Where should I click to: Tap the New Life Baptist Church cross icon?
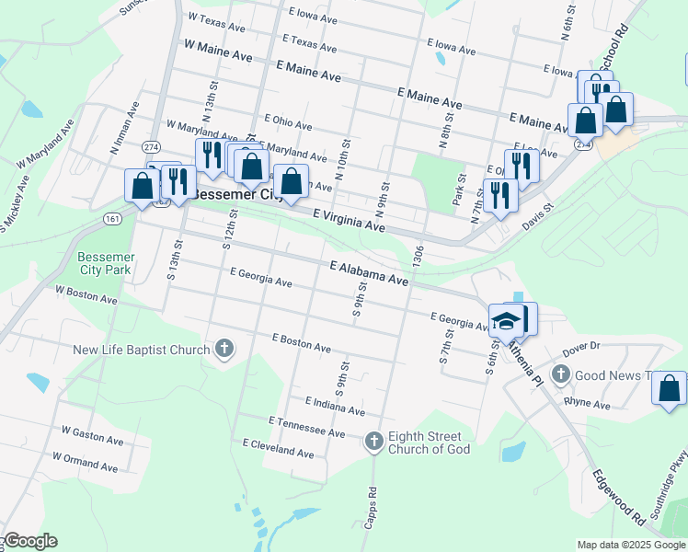(x=224, y=349)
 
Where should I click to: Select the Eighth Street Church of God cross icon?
(x=373, y=442)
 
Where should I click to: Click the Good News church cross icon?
(x=561, y=374)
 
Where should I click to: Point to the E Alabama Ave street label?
(x=368, y=271)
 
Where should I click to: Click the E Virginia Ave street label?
(x=348, y=219)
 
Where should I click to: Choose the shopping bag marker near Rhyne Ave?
(x=670, y=388)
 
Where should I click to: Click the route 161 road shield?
(x=112, y=219)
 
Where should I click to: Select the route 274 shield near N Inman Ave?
(x=151, y=146)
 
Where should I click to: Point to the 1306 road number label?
(x=419, y=256)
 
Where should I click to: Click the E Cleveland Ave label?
(x=278, y=448)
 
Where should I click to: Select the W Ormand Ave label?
(x=86, y=461)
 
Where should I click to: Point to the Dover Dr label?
(x=580, y=346)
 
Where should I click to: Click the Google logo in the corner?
(x=30, y=541)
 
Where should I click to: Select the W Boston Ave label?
(x=86, y=294)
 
